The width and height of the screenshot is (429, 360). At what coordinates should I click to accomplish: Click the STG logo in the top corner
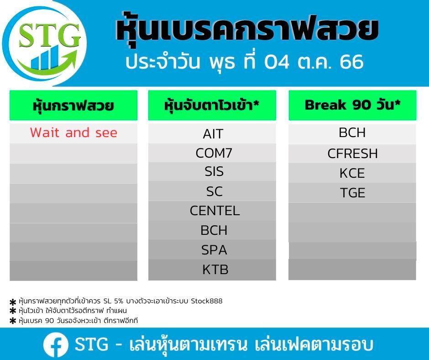tap(44, 44)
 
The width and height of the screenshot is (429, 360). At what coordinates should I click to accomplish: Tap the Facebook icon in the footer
tap(56, 345)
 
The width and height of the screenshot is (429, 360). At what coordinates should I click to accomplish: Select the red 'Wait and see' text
tap(73, 132)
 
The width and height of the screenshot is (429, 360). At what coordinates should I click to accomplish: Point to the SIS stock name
tap(214, 171)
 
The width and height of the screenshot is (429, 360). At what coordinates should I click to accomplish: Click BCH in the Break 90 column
tap(352, 132)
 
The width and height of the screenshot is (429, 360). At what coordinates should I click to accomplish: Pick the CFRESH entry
tap(352, 154)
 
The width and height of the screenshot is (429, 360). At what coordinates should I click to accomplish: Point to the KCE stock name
tap(352, 173)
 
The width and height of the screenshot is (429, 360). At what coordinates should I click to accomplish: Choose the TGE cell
tap(352, 193)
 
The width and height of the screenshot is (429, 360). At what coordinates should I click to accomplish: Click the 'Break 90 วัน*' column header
tap(352, 105)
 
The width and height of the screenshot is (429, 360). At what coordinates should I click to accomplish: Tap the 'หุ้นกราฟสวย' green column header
tap(73, 105)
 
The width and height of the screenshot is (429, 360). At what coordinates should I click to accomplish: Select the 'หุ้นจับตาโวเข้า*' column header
tap(212, 105)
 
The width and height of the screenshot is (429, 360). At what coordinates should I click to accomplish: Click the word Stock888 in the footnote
tap(207, 301)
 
